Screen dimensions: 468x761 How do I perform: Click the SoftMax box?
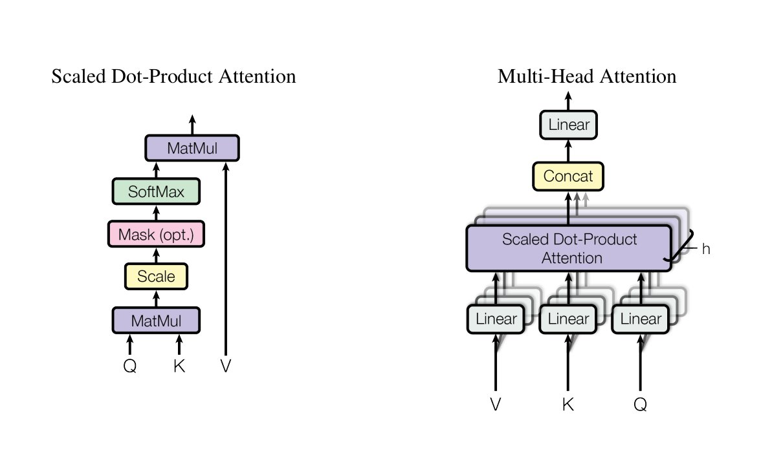coord(156,191)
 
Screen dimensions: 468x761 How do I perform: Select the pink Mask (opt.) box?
coord(156,234)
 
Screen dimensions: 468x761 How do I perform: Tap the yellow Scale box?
coord(156,277)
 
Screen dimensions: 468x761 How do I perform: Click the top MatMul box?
coord(192,148)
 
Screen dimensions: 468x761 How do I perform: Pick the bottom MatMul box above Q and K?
coord(156,320)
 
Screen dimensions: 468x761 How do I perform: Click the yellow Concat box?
coord(568,176)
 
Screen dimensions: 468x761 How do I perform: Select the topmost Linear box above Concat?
coord(568,125)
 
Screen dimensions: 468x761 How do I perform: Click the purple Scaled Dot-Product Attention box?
coord(569,248)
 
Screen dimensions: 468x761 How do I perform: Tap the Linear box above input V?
coord(496,319)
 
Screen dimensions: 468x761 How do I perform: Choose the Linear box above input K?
coord(568,319)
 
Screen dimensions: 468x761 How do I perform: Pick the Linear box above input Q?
coord(641,319)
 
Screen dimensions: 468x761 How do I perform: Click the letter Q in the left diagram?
coord(130,367)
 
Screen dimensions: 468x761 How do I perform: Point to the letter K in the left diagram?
coord(179,367)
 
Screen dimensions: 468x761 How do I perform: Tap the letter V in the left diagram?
coord(225,367)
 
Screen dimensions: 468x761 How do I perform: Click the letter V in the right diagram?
coord(496,405)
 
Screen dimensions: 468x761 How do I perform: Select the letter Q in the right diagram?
coord(641,405)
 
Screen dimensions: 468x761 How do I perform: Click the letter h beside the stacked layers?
coord(706,249)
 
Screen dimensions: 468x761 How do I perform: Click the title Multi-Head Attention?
coord(586,76)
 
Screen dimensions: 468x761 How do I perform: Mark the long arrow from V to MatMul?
coord(225,259)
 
